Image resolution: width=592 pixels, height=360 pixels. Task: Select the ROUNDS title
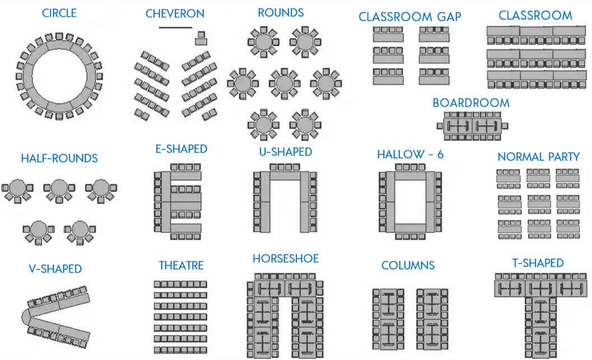tap(281, 12)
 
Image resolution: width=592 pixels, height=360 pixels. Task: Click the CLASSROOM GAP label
tap(410, 17)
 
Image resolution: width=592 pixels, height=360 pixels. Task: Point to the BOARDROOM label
tap(471, 103)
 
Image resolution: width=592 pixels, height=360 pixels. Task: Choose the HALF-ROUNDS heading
tap(59, 158)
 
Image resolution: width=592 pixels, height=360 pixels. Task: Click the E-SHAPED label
tap(181, 149)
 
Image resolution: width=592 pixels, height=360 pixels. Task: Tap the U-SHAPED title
tap(286, 152)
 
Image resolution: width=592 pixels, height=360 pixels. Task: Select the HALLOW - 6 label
tap(410, 154)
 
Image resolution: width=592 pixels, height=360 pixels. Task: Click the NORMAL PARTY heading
tap(538, 156)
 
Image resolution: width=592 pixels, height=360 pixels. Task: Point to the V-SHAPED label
tap(55, 269)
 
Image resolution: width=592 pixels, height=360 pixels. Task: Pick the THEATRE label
tap(181, 265)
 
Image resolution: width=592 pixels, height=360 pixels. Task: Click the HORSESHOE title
tap(286, 259)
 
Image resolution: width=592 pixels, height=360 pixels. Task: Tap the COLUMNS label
tap(408, 265)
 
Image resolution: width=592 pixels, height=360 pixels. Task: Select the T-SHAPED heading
tap(538, 263)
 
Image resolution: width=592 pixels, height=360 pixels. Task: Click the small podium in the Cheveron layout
tap(201, 38)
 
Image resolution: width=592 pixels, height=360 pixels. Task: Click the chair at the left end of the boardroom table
tap(440, 126)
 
